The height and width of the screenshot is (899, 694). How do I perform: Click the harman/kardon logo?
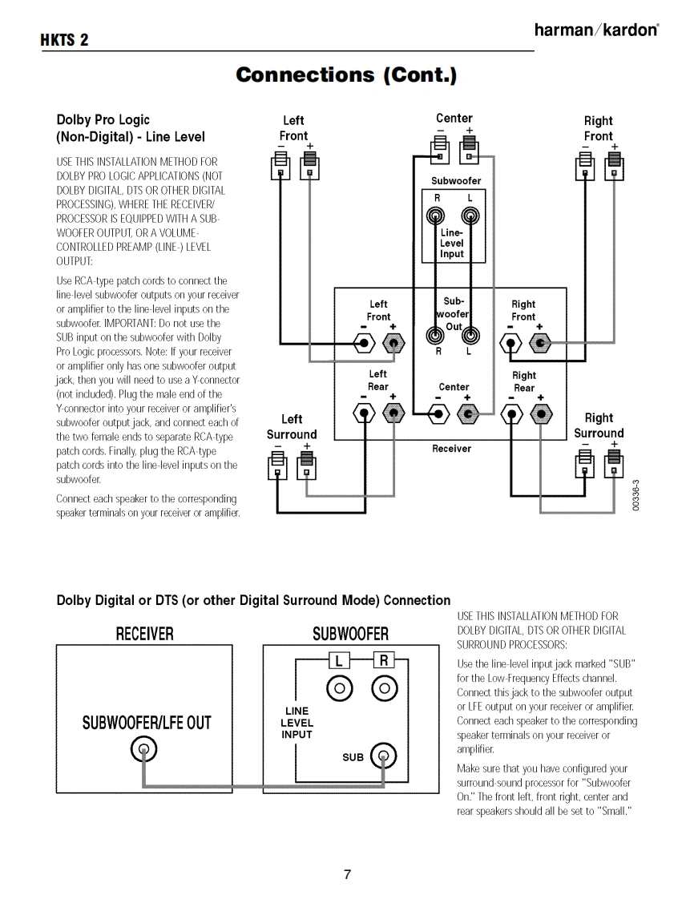click(597, 30)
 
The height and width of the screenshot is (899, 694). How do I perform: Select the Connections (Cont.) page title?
click(346, 75)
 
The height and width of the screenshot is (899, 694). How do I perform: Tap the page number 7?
click(347, 874)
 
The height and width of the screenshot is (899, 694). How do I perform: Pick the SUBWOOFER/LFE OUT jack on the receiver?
click(143, 751)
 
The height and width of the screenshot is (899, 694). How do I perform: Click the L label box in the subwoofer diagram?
click(340, 660)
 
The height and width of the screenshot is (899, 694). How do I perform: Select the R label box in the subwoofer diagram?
click(384, 660)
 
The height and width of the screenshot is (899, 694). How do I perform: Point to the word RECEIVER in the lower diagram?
click(145, 635)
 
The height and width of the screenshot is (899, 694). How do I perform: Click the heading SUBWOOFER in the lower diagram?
click(350, 635)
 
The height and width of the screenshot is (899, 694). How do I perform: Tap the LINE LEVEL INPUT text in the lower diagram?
click(297, 723)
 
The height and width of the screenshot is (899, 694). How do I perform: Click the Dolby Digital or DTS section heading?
click(253, 600)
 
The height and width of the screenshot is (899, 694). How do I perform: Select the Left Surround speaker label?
click(292, 427)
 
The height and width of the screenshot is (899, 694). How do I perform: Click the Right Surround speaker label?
click(599, 425)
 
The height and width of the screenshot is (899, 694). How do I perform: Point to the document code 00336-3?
click(635, 496)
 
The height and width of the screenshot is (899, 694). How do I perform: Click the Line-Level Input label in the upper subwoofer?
click(452, 243)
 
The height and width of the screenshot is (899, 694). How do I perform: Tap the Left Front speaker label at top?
click(293, 128)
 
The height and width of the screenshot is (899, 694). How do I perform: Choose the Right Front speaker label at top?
click(598, 128)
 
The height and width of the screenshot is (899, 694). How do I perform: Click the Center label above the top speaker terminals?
click(454, 119)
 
